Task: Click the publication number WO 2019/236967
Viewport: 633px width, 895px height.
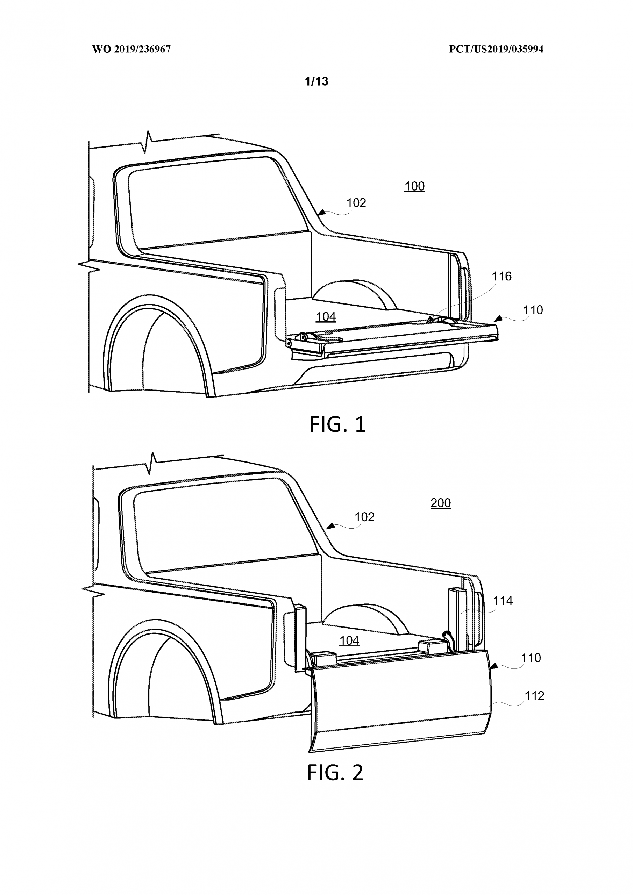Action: [131, 49]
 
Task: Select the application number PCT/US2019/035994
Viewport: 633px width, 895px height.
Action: [496, 49]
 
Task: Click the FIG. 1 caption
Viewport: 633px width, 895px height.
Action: [338, 424]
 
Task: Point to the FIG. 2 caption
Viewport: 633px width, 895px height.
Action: [335, 772]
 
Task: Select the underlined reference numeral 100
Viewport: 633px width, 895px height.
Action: [414, 186]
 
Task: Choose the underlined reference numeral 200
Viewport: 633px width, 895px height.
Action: [441, 503]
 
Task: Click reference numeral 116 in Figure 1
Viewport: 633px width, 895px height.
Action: [502, 277]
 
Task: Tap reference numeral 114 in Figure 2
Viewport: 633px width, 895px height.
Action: [503, 601]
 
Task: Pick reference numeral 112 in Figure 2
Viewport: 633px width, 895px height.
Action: [534, 696]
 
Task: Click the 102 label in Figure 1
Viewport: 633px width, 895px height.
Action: [356, 203]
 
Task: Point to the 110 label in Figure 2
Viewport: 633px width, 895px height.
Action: [531, 658]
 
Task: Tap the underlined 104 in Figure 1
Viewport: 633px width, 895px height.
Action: [326, 317]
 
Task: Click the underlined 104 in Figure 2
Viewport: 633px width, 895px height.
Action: [349, 640]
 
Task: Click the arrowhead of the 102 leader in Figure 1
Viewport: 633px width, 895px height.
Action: [320, 213]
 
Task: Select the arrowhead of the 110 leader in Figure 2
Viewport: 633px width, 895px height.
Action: [493, 667]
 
